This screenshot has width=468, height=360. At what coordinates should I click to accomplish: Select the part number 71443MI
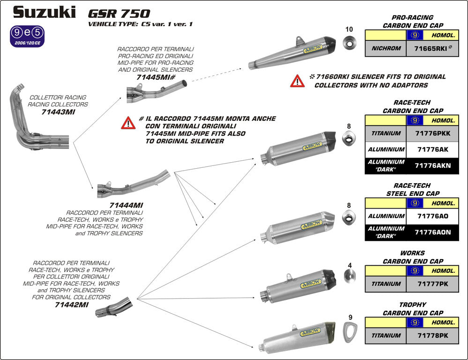58,112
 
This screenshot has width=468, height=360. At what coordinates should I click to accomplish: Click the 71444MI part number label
126,205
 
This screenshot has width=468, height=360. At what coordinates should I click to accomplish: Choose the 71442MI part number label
71,304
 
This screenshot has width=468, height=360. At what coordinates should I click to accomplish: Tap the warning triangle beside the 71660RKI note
297,81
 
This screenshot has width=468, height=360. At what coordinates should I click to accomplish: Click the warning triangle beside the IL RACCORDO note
128,123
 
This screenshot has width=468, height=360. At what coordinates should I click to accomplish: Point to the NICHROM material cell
386,48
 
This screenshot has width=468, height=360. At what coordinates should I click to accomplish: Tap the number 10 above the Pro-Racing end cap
349,30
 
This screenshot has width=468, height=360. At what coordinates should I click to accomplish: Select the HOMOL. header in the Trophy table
442,322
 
